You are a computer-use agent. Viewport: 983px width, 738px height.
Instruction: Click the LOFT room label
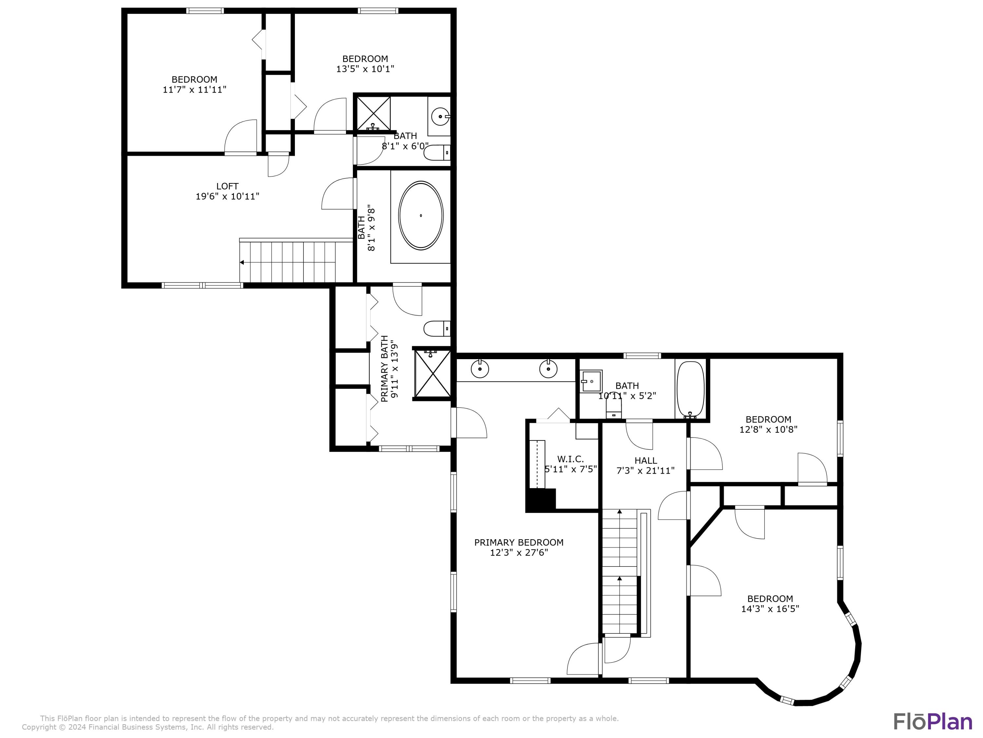tap(227, 186)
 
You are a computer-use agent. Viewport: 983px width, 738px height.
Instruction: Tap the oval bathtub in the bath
tap(420, 215)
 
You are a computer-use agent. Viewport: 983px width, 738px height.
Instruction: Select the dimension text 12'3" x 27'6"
tap(519, 552)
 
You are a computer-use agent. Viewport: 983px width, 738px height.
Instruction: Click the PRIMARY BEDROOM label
tap(519, 542)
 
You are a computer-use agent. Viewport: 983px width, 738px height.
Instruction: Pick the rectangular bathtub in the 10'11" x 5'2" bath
tap(690, 388)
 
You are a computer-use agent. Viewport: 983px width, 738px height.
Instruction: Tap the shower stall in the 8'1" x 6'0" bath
tap(373, 113)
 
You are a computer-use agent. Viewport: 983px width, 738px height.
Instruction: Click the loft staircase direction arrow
tap(242, 262)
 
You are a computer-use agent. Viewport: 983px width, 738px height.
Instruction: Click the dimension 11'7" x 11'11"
tap(194, 90)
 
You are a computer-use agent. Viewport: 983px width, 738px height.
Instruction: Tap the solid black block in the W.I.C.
tap(540, 499)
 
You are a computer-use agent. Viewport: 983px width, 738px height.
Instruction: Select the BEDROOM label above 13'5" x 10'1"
tap(365, 59)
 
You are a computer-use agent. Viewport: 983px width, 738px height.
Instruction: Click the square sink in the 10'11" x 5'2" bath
tap(591, 381)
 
